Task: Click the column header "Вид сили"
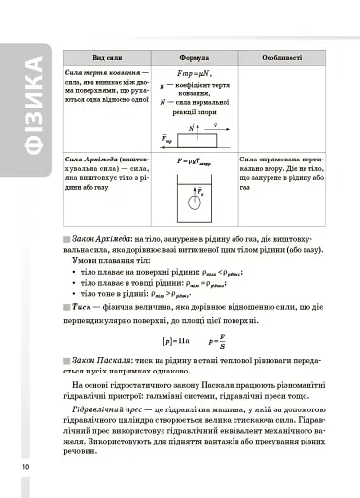point(106,58)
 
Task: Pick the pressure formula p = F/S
point(218,339)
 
